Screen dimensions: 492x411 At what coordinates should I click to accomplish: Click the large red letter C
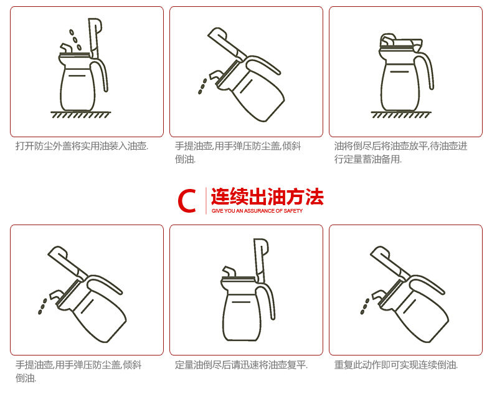[x=187, y=200]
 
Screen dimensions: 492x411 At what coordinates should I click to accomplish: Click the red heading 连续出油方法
[x=267, y=196]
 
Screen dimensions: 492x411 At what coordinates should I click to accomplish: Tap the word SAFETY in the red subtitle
[x=293, y=211]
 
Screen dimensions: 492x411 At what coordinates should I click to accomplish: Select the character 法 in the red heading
[x=314, y=196]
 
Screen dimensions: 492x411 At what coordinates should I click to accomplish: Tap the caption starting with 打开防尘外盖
[x=82, y=146]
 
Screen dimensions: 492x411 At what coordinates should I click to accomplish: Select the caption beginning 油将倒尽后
[x=400, y=153]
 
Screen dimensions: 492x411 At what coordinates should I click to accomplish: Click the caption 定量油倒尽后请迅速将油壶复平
[x=241, y=365]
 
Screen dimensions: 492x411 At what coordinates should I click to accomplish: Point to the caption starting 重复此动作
[x=396, y=365]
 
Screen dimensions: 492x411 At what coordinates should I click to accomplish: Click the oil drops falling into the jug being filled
[x=75, y=40]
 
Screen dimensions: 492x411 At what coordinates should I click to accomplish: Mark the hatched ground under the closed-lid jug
[x=400, y=115]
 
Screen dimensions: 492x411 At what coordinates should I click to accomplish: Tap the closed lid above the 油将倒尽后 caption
[x=400, y=42]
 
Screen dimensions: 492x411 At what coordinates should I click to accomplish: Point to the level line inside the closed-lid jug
[x=399, y=72]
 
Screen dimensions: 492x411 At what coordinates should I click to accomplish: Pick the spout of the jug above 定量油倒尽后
[x=229, y=271]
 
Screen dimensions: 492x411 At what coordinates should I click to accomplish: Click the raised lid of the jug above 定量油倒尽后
[x=261, y=259]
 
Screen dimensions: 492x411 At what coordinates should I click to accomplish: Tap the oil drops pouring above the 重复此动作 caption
[x=364, y=306]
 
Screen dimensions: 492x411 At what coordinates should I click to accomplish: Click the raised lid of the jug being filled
[x=95, y=38]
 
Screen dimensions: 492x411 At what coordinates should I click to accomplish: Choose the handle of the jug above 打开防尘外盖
[x=101, y=75]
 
